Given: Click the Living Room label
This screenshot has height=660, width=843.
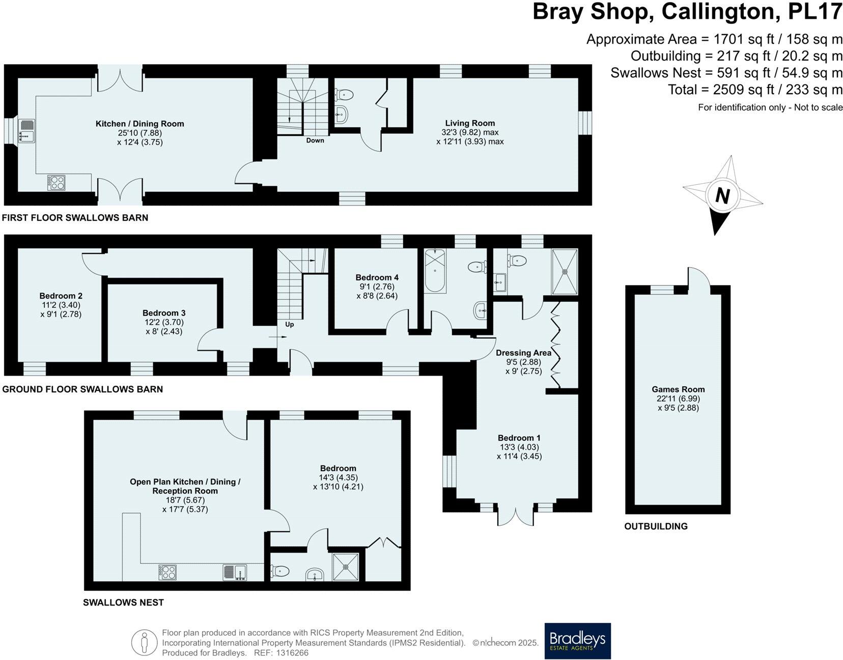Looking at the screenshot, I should point(469,123).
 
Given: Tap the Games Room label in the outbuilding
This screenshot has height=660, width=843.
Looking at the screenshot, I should point(678,389).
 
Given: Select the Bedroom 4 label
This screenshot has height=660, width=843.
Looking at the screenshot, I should point(377,277).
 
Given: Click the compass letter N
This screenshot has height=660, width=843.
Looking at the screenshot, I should point(722,195).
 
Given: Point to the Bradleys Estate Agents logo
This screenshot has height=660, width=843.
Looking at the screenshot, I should point(577,641).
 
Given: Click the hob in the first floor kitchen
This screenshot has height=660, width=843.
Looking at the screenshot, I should point(56,182).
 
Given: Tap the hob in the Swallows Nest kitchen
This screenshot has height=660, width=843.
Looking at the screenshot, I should point(167,572).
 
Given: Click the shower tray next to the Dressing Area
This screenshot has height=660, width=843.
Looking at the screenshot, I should point(565,272).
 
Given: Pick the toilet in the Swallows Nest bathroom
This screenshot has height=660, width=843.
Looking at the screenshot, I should point(280,571).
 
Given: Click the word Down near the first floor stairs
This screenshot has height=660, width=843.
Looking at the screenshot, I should point(315,140).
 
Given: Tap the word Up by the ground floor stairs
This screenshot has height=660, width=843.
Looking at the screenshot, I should point(289,324).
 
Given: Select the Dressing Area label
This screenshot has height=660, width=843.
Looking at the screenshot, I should point(523,353).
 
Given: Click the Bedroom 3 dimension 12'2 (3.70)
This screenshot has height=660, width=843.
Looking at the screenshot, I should point(163,322).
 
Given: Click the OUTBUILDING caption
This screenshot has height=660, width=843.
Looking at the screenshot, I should point(656,526).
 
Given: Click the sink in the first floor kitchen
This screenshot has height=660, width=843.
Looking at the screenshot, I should point(26,130).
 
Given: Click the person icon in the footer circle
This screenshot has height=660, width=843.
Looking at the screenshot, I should point(144,643).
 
